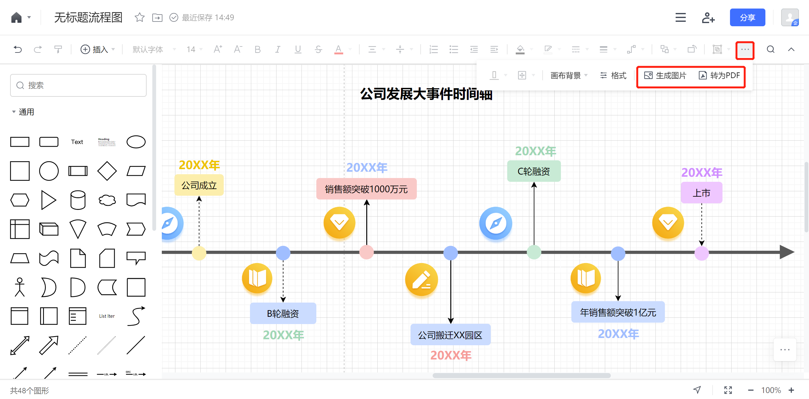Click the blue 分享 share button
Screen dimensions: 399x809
click(747, 18)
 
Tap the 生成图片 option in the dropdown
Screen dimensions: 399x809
click(665, 76)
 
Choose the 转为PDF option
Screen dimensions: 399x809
click(719, 76)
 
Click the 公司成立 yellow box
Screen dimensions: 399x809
click(199, 185)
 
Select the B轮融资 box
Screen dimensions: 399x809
click(283, 313)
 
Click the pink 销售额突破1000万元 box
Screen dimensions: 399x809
click(366, 189)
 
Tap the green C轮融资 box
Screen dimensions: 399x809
click(534, 171)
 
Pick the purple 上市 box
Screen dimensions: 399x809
click(702, 193)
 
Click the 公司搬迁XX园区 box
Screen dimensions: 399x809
click(450, 335)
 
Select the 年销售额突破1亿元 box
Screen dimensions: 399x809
click(618, 312)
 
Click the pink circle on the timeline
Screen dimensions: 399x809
click(367, 253)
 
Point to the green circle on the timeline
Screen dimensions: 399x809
click(534, 253)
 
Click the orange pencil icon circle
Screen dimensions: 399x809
click(422, 279)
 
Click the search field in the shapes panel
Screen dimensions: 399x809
click(78, 85)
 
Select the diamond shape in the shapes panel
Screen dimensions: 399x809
click(107, 171)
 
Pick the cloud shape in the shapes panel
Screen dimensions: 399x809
click(107, 200)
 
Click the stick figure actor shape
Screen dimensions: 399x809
click(20, 287)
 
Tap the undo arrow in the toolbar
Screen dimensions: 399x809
click(18, 49)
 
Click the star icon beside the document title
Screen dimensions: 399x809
click(139, 17)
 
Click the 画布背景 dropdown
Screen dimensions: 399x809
click(569, 76)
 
